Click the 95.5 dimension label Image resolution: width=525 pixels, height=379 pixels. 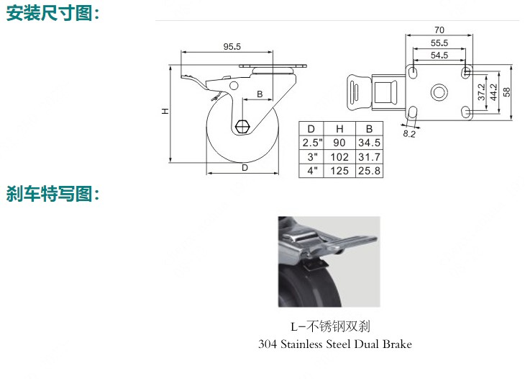pyautogui.click(x=232, y=46)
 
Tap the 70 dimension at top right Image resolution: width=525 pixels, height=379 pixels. pyautogui.click(x=439, y=30)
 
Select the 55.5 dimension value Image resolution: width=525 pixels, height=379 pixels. pyautogui.click(x=439, y=43)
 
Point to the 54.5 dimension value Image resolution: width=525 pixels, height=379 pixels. pyautogui.click(x=439, y=55)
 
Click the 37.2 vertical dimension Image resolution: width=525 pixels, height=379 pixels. pyautogui.click(x=481, y=92)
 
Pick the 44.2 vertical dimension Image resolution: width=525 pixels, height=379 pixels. pyautogui.click(x=494, y=92)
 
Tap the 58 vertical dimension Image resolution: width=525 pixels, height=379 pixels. pyautogui.click(x=506, y=92)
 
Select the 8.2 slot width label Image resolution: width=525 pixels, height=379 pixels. pyautogui.click(x=408, y=134)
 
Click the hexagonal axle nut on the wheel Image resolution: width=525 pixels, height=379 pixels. pyautogui.click(x=242, y=126)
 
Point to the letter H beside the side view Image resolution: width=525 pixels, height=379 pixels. pyautogui.click(x=165, y=111)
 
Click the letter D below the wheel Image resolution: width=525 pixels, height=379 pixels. pyautogui.click(x=245, y=168)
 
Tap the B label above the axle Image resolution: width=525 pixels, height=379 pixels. pyautogui.click(x=260, y=94)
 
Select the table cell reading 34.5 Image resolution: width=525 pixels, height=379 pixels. pyautogui.click(x=370, y=143)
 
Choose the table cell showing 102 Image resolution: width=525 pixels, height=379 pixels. pyautogui.click(x=339, y=157)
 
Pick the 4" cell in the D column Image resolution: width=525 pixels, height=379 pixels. pyautogui.click(x=311, y=171)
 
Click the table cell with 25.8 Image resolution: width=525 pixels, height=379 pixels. pyautogui.click(x=370, y=171)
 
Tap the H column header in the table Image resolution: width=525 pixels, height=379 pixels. pyautogui.click(x=339, y=129)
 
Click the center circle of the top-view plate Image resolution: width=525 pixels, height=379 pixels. pyautogui.click(x=439, y=92)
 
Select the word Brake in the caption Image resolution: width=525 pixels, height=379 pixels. pyautogui.click(x=398, y=344)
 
